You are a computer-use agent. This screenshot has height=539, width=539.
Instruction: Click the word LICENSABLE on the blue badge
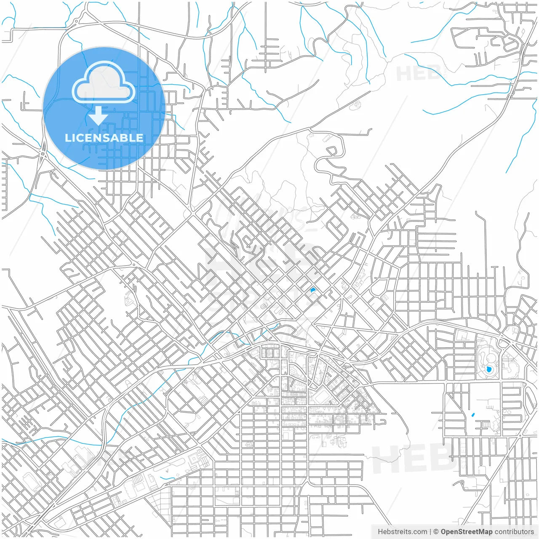[104, 138]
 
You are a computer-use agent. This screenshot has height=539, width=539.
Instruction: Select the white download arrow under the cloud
[99, 115]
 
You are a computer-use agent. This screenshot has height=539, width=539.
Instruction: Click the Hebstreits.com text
[402, 532]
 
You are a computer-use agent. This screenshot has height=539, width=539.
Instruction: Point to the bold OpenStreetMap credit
[466, 532]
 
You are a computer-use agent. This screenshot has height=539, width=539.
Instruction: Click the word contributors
[514, 532]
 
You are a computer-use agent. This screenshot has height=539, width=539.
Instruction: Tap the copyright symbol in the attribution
[436, 532]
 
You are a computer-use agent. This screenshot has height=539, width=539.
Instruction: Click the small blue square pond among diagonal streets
[312, 290]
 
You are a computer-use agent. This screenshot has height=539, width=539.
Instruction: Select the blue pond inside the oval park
[489, 370]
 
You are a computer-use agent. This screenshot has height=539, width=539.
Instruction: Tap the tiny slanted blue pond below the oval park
[472, 416]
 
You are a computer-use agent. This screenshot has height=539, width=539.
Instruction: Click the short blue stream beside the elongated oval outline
[167, 478]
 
